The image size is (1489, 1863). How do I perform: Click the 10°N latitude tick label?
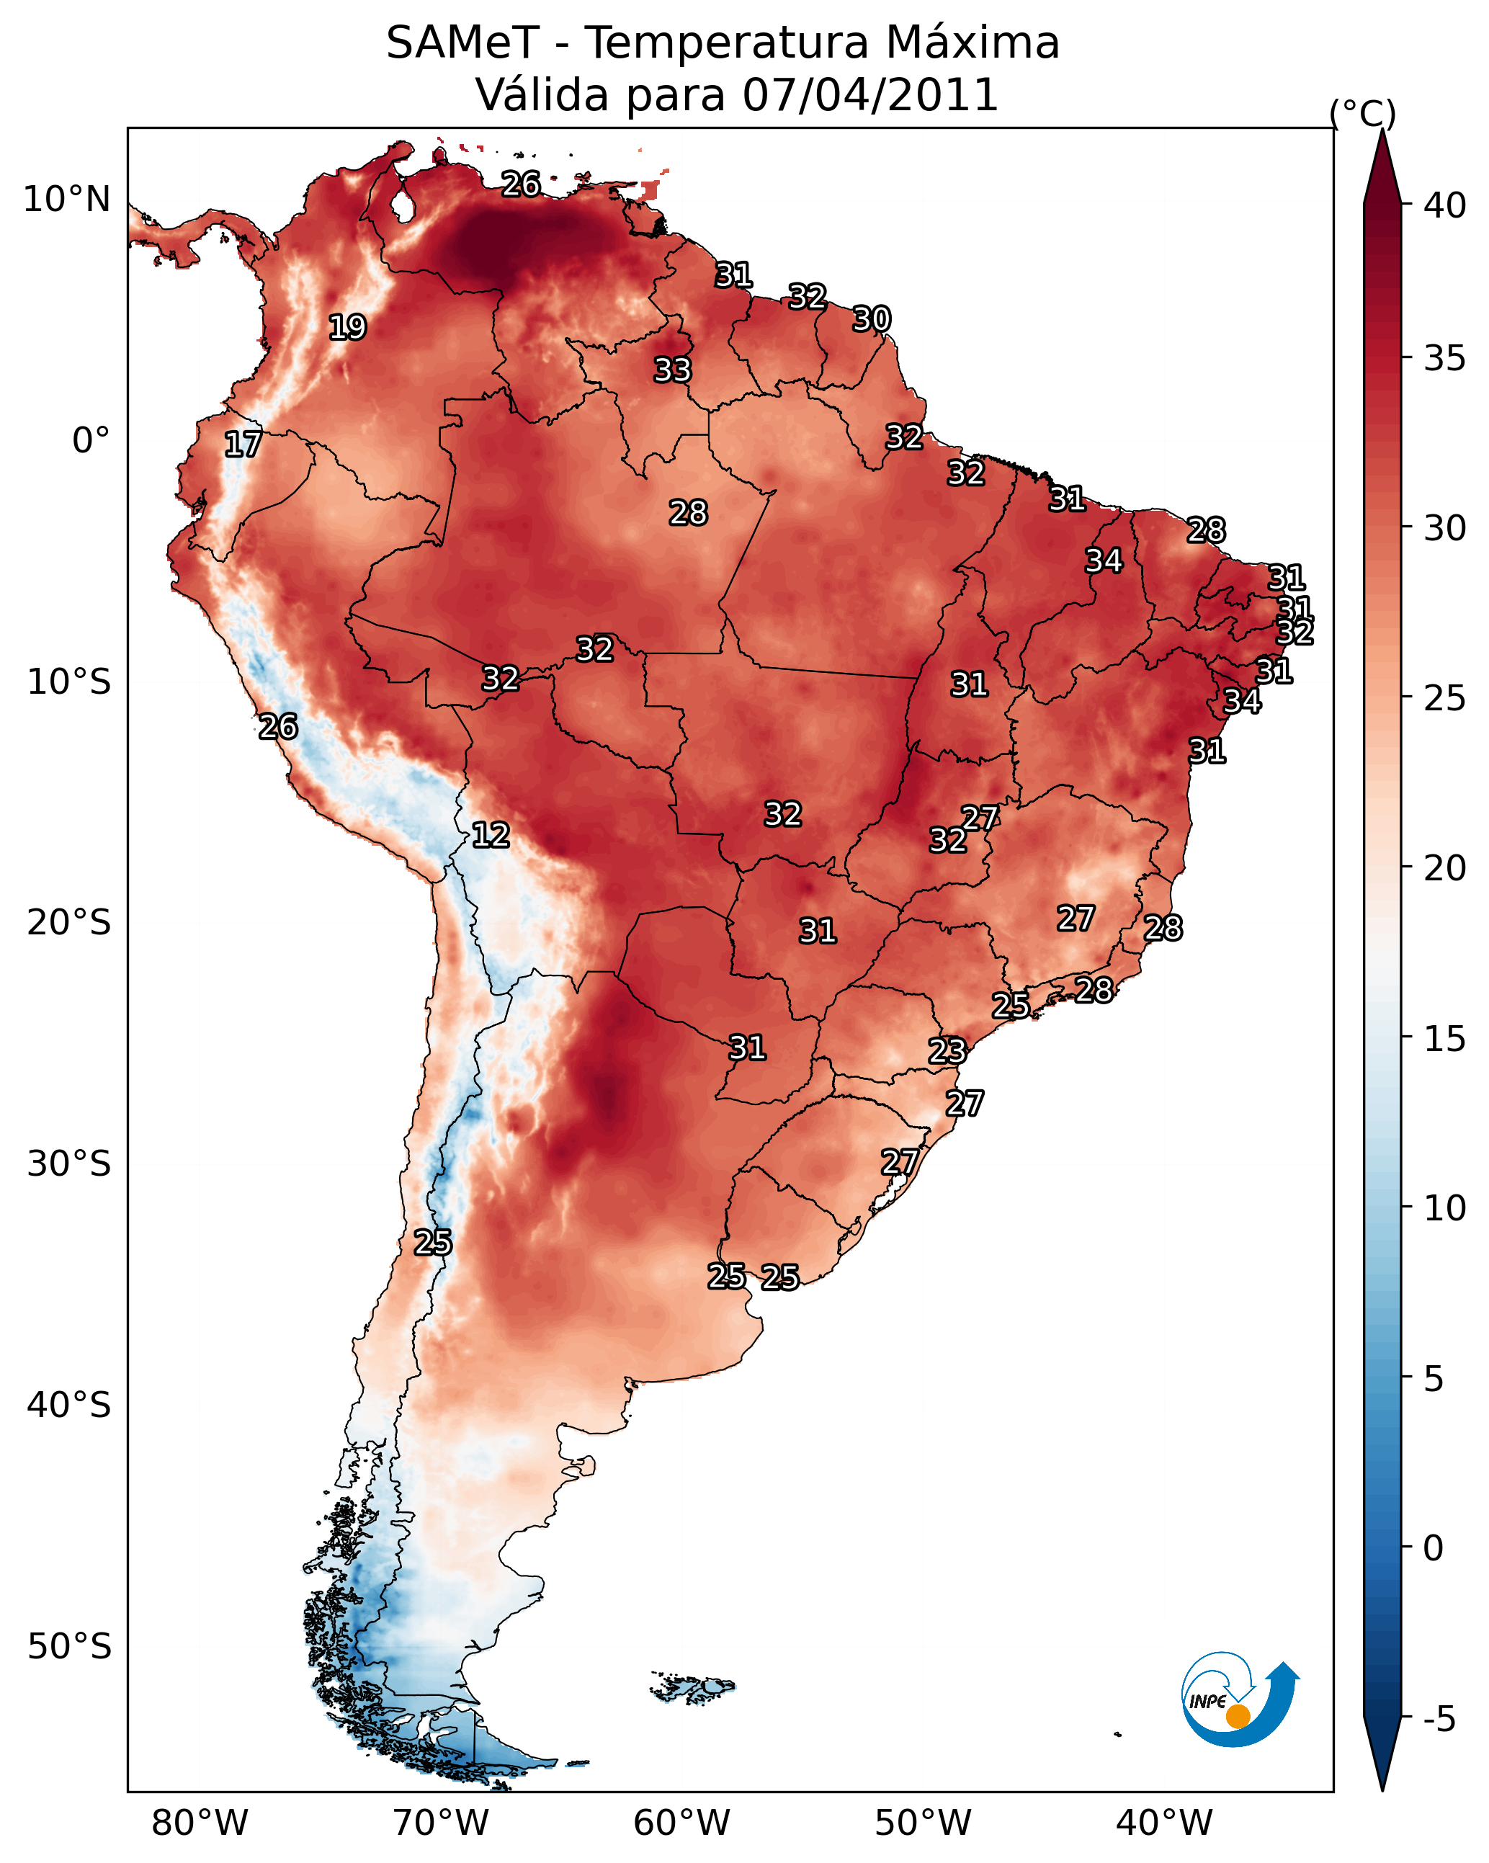(66, 200)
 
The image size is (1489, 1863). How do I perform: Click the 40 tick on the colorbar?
(1445, 205)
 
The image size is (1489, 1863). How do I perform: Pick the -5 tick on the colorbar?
(1440, 1719)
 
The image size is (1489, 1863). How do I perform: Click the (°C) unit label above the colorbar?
(1363, 113)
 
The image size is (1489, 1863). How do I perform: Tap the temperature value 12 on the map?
(491, 835)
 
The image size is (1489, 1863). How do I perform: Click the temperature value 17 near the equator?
(243, 444)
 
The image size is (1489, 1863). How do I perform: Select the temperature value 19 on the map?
(347, 328)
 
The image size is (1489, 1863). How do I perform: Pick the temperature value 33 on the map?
(672, 370)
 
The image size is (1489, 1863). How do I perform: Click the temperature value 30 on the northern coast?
(871, 319)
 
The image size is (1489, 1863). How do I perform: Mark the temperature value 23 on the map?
(947, 1051)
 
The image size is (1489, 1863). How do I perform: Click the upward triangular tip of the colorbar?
(1382, 130)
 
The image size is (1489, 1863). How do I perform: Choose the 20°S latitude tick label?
(69, 923)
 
